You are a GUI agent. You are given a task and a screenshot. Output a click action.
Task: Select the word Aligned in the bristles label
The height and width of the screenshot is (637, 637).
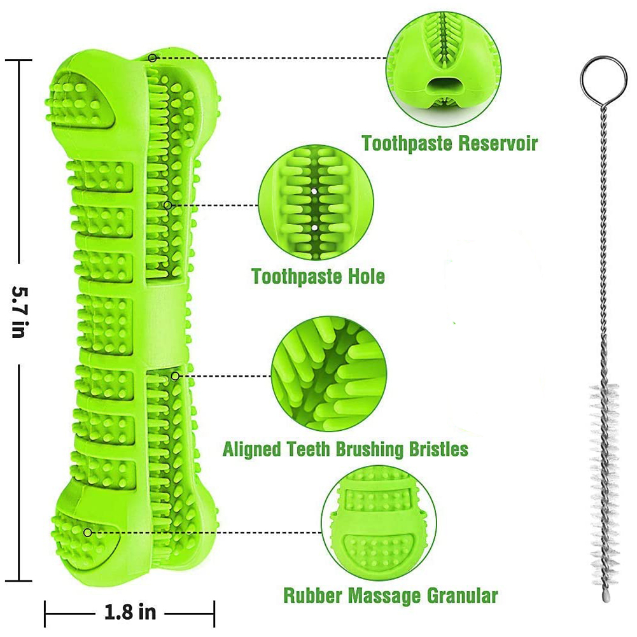click(x=252, y=449)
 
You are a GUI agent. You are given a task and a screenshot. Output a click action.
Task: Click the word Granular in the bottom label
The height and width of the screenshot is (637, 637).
click(x=462, y=596)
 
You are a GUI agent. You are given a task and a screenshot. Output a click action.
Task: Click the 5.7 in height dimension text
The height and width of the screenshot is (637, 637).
click(x=19, y=312)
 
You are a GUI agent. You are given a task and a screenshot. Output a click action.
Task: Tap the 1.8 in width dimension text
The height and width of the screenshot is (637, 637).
click(x=130, y=612)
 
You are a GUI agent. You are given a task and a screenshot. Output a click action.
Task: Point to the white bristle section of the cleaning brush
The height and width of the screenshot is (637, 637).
click(x=605, y=480)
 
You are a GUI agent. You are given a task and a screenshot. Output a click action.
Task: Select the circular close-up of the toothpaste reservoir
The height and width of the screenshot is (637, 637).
click(x=443, y=69)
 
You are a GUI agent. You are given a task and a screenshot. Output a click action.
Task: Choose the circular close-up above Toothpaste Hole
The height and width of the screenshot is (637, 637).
click(x=316, y=203)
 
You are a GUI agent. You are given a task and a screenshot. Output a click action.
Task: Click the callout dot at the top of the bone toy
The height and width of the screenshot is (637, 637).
click(x=152, y=58)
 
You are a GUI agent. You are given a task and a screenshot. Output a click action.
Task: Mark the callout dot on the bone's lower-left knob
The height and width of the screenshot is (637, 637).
click(x=87, y=532)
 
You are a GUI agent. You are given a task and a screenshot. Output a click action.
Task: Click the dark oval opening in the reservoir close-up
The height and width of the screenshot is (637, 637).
click(x=444, y=86)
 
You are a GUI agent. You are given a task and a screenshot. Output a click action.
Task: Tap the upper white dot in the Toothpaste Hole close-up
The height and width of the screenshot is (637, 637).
click(x=314, y=190)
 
